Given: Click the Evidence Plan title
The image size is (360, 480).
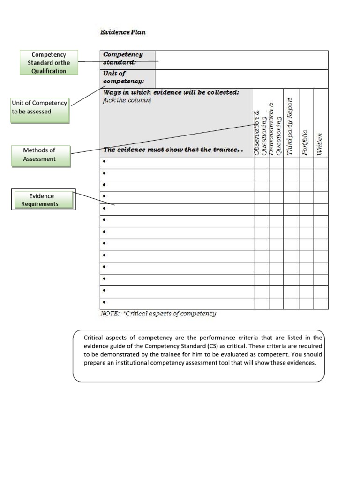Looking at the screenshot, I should (x=123, y=32).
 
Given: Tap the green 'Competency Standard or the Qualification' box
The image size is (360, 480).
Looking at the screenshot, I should (x=49, y=63).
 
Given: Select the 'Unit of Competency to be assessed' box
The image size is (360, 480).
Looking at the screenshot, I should (x=40, y=107).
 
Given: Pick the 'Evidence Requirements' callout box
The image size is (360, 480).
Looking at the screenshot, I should (x=43, y=200).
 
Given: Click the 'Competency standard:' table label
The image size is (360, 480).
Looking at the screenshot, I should (x=123, y=59).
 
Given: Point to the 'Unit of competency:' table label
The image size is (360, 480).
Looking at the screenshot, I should (x=123, y=77).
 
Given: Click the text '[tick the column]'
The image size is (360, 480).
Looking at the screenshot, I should (x=127, y=100).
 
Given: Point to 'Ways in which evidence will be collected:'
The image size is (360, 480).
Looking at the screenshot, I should (x=171, y=92).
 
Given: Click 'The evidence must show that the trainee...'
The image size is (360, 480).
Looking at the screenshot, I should (x=173, y=150).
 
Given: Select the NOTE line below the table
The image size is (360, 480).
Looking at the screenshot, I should (x=158, y=314).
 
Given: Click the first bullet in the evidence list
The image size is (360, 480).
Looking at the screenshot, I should (x=104, y=162).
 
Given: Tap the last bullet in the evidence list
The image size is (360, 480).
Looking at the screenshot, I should (x=104, y=303).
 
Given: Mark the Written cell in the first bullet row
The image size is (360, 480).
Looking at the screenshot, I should (x=321, y=162).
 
